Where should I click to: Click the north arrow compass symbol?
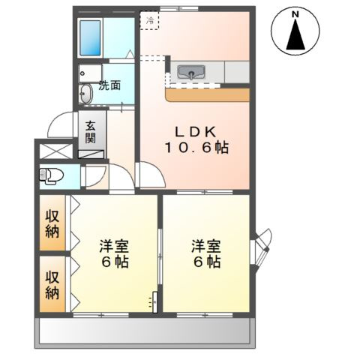[296, 35]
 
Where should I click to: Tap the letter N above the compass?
[296, 14]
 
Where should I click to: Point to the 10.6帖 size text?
[196, 147]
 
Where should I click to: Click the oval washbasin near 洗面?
[85, 94]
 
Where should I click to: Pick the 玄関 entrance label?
[90, 133]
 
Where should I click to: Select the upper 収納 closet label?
[52, 223]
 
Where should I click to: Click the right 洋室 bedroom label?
[204, 253]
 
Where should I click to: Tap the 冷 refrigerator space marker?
[150, 21]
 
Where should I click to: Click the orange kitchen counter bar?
[207, 94]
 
